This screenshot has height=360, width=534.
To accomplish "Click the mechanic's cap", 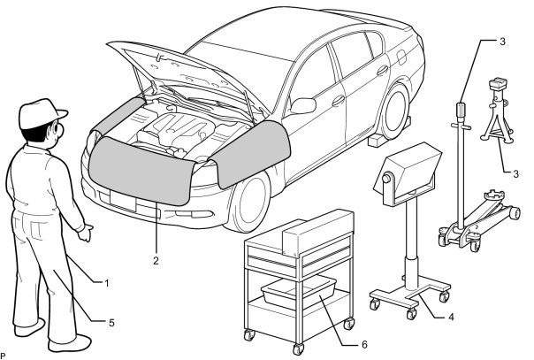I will pos(42,112).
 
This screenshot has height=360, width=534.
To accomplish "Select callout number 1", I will pos(106,283).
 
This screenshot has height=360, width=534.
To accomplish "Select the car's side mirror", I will pos(302,105).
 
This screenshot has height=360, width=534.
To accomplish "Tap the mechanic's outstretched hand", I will pos(86,234).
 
